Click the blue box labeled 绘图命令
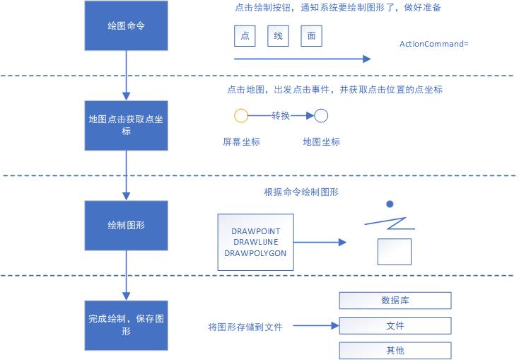(x=127, y=26)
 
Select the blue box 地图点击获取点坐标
(x=127, y=124)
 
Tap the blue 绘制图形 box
(x=127, y=226)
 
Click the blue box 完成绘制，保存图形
(x=127, y=325)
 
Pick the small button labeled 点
(x=245, y=36)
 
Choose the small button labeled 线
(x=279, y=36)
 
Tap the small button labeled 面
(x=311, y=36)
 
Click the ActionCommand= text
(x=434, y=44)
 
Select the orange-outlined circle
(x=240, y=116)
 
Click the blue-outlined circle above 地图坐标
(x=321, y=116)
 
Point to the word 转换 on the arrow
(x=281, y=115)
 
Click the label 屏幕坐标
(x=241, y=141)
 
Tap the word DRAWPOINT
(x=256, y=231)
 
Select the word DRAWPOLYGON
(x=256, y=252)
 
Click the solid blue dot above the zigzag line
(x=389, y=204)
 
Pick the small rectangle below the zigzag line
(x=395, y=251)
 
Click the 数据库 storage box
(x=395, y=301)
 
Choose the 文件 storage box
(x=395, y=326)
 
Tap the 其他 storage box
(x=395, y=351)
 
